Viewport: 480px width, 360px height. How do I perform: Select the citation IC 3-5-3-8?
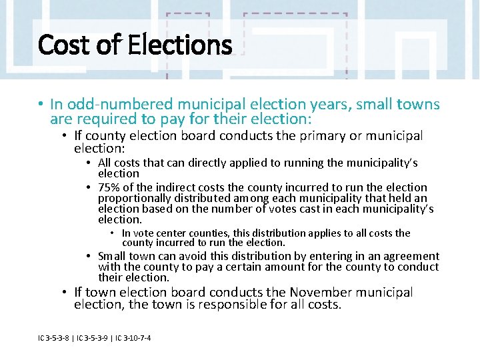(x=53, y=338)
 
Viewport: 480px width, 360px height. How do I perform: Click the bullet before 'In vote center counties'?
(x=113, y=233)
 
